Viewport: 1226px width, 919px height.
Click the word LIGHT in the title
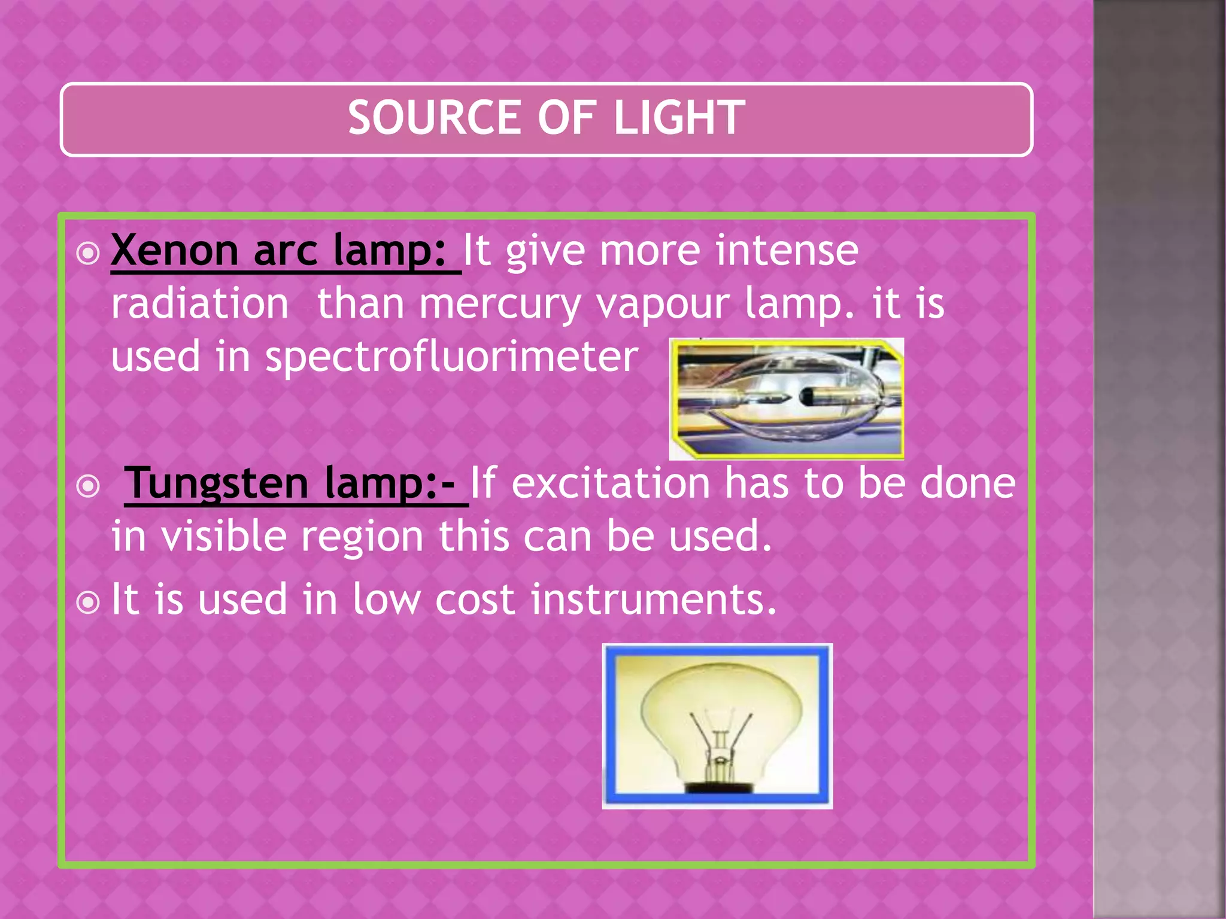(x=679, y=118)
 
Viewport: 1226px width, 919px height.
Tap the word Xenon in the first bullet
(x=175, y=250)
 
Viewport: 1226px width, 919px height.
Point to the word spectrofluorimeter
(x=452, y=357)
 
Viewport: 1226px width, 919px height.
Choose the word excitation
(x=611, y=483)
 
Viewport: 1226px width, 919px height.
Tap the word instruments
(x=653, y=600)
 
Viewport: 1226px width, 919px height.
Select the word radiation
(x=200, y=304)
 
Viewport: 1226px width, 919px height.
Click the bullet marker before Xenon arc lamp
(x=89, y=254)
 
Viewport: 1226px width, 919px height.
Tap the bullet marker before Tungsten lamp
(x=89, y=486)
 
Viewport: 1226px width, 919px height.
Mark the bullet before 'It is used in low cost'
(x=89, y=603)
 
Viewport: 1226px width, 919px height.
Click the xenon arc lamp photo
(x=786, y=399)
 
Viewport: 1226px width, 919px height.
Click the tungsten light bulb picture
(x=717, y=726)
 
